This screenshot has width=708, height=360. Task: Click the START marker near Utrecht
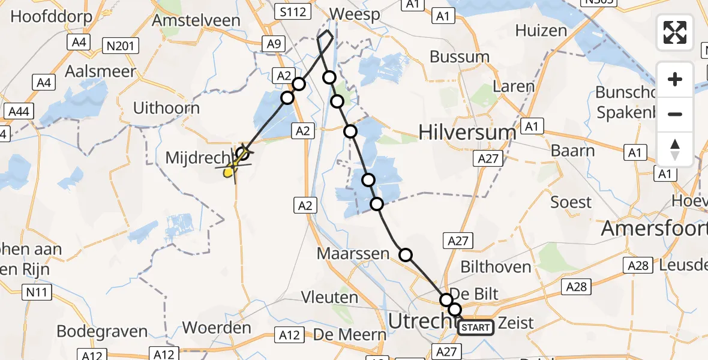(476, 328)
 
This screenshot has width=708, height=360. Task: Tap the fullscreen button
(675, 32)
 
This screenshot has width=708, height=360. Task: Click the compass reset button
(675, 150)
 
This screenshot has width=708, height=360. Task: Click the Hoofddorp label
(52, 16)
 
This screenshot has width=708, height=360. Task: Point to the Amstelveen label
(196, 20)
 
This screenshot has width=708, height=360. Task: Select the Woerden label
(216, 328)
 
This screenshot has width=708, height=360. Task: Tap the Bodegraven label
(102, 331)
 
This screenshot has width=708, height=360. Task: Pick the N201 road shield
(121, 45)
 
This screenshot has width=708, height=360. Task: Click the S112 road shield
(291, 11)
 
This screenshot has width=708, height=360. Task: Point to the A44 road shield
(19, 111)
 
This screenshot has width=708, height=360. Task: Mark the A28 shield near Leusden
(638, 265)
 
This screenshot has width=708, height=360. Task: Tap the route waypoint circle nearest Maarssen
(406, 255)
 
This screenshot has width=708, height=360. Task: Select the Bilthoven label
(496, 267)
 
